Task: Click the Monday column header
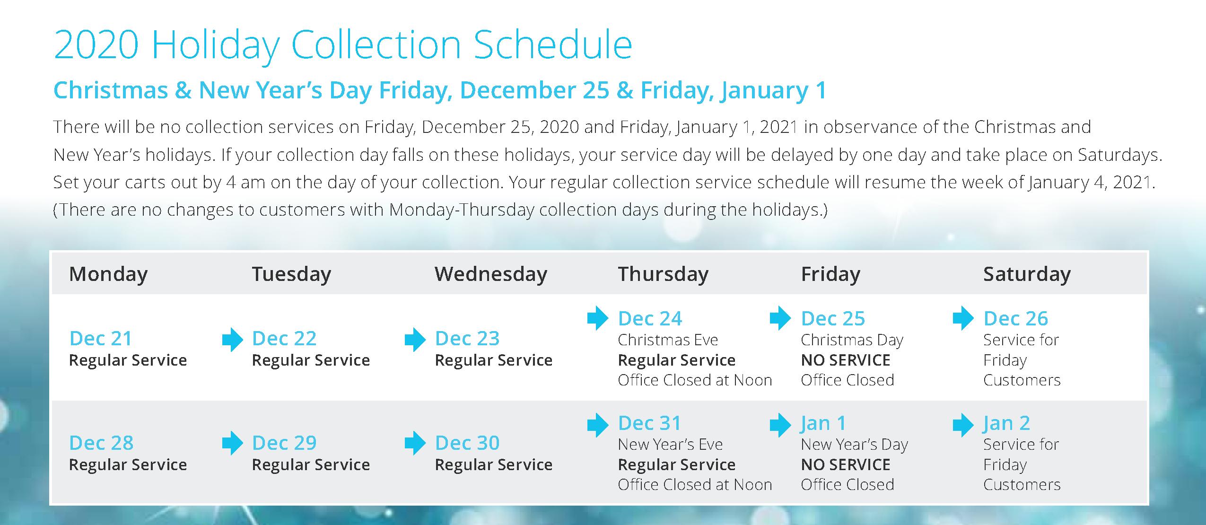(108, 274)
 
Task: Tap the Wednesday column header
(491, 274)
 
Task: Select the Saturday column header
(1027, 274)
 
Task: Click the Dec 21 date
(101, 339)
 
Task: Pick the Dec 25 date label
(833, 319)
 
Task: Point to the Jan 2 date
(1006, 423)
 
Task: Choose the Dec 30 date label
(467, 443)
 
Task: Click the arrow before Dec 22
(233, 340)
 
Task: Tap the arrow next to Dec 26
(963, 318)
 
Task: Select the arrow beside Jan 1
(780, 425)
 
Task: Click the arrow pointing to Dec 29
(233, 443)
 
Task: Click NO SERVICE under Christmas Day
(846, 360)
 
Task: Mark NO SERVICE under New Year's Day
(846, 465)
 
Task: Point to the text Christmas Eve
(668, 340)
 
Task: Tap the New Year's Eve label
(670, 445)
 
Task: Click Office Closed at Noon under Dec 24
(695, 380)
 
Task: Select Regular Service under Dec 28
(128, 465)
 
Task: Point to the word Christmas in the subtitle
(111, 90)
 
